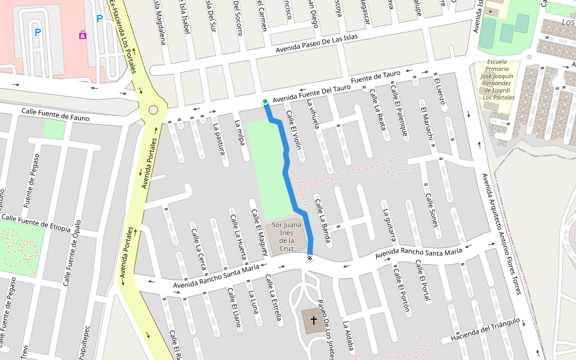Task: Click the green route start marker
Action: pos(265,101)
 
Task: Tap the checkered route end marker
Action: pos(310,258)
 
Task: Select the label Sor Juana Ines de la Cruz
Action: pos(286,236)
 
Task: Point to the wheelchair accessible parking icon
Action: pos(82,35)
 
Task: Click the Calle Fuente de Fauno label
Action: pos(55,114)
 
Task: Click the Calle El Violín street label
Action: pos(293,129)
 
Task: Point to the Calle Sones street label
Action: pos(432,209)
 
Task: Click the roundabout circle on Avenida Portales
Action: pos(153,110)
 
